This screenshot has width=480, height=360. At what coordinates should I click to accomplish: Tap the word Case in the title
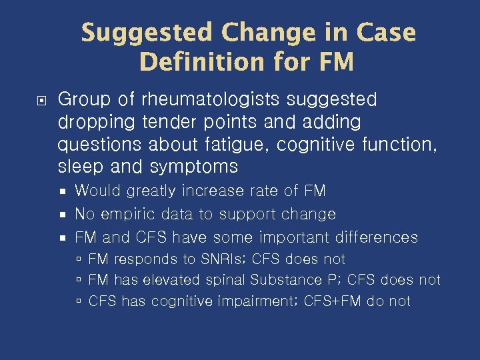coord(387,32)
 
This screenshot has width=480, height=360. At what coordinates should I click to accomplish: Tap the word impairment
coord(258,301)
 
